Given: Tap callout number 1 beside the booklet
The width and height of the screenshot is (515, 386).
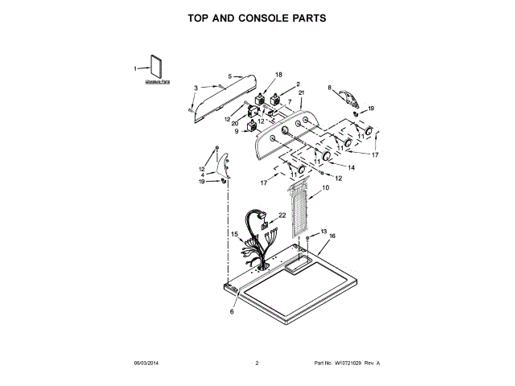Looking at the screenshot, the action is click(x=135, y=68).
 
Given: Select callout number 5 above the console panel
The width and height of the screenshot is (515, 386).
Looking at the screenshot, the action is click(x=229, y=76).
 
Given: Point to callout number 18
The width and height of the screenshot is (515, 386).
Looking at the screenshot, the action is click(x=278, y=75).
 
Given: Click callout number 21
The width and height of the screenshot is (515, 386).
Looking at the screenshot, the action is click(x=302, y=93).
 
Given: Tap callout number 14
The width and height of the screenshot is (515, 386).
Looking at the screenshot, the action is click(x=351, y=166).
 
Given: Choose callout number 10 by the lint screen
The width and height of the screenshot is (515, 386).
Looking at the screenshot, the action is click(x=325, y=187).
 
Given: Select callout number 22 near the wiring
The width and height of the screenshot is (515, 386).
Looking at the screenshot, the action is click(x=282, y=215).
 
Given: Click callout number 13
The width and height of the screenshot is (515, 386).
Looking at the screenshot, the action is click(x=323, y=231).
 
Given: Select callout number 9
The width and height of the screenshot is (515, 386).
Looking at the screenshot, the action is click(x=237, y=131).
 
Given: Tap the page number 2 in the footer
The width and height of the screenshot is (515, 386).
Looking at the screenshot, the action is click(x=257, y=363).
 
